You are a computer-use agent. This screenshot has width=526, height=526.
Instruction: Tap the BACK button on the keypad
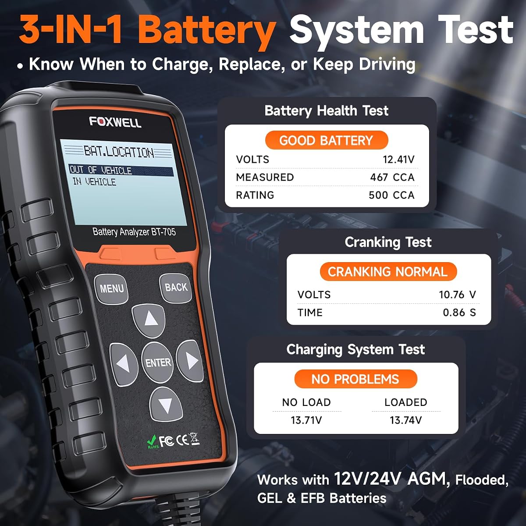point(175,288)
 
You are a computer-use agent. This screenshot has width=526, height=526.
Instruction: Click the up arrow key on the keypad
point(149,320)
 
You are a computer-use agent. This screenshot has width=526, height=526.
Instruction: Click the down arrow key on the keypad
point(166,405)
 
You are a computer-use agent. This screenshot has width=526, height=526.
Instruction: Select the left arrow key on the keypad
point(124,364)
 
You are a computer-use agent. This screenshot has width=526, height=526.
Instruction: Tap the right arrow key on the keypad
point(190,360)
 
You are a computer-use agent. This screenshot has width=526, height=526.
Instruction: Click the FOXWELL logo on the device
point(115,122)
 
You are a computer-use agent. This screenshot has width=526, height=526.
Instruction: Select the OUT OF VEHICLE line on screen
point(121,170)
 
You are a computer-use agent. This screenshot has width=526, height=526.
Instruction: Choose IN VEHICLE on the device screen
point(94,182)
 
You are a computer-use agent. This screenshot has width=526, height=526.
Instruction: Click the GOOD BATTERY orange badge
point(327,140)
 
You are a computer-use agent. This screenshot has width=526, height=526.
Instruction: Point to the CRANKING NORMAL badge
point(388,272)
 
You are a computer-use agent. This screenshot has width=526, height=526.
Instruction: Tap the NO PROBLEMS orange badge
point(355,379)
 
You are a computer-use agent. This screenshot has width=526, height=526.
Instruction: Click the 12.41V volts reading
point(398,160)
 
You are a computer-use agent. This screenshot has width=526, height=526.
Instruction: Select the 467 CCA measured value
point(392,178)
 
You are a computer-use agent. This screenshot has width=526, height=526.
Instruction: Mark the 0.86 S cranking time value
point(459,313)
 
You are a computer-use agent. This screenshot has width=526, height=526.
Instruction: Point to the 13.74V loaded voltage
point(406,420)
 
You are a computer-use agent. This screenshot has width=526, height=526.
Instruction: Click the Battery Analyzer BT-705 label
point(134,232)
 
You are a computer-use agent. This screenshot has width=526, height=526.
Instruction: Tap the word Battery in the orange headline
point(207,32)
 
